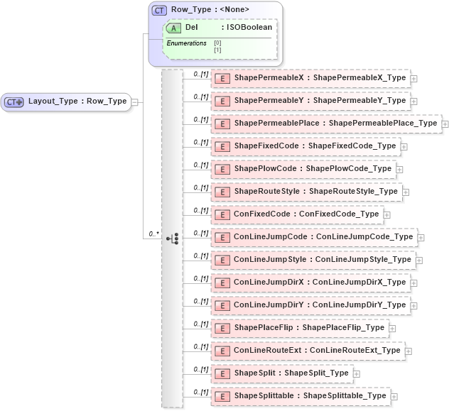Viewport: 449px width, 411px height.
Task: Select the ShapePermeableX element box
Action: click(x=310, y=78)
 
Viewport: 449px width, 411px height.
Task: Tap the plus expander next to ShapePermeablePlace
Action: click(x=445, y=124)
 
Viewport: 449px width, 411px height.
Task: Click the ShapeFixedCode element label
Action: click(x=315, y=146)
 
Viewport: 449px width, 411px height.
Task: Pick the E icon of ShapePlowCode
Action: click(x=222, y=169)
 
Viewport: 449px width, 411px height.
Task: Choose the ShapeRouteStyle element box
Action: click(x=307, y=192)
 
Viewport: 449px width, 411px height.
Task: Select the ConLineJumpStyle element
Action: click(x=313, y=260)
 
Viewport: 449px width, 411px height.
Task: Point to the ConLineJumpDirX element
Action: click(x=310, y=283)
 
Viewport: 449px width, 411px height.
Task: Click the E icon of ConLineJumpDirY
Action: click(x=222, y=305)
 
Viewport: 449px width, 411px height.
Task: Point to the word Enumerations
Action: click(x=186, y=43)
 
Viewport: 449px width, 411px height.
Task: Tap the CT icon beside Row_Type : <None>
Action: click(x=160, y=11)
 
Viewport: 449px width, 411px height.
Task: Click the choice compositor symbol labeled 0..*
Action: click(x=172, y=239)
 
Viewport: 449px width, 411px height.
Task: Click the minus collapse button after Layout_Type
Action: click(x=134, y=102)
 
